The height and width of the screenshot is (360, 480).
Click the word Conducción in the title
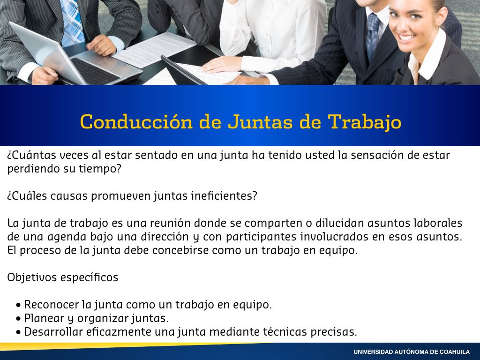136,121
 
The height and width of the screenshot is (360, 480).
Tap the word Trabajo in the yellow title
364,122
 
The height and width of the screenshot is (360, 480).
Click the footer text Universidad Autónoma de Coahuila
412,352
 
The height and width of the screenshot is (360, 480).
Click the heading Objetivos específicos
63,277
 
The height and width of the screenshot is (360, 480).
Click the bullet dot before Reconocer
19,306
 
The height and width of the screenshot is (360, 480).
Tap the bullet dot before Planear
19,319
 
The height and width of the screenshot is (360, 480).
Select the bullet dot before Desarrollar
19,332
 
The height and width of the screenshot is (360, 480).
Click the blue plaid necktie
72,22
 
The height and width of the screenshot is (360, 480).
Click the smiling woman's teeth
407,38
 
